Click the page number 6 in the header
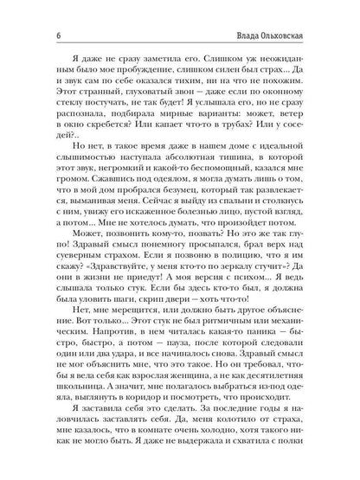(x=33, y=10)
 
